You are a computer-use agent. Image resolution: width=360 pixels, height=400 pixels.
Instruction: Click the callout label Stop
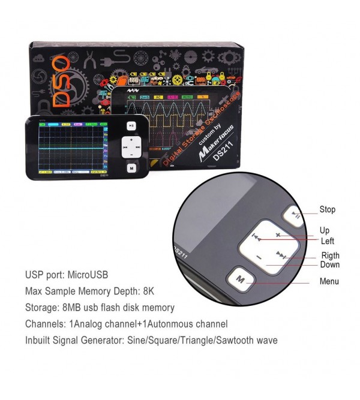point(327,210)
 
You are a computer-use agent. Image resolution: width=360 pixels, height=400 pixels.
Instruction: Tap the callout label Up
point(325,230)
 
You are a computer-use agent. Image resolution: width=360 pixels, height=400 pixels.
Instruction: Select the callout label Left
point(328,241)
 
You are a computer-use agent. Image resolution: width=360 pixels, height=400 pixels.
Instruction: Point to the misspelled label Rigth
point(330,256)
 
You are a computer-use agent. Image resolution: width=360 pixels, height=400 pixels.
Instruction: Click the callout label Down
point(330,265)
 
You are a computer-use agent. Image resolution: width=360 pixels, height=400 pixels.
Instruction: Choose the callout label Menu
point(329,282)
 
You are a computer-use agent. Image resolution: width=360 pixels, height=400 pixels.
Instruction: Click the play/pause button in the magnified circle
point(294,215)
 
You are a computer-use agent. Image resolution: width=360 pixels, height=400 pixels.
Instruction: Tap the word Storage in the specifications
point(41,308)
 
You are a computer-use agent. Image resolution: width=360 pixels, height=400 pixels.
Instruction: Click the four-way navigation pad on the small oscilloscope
point(131,146)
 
